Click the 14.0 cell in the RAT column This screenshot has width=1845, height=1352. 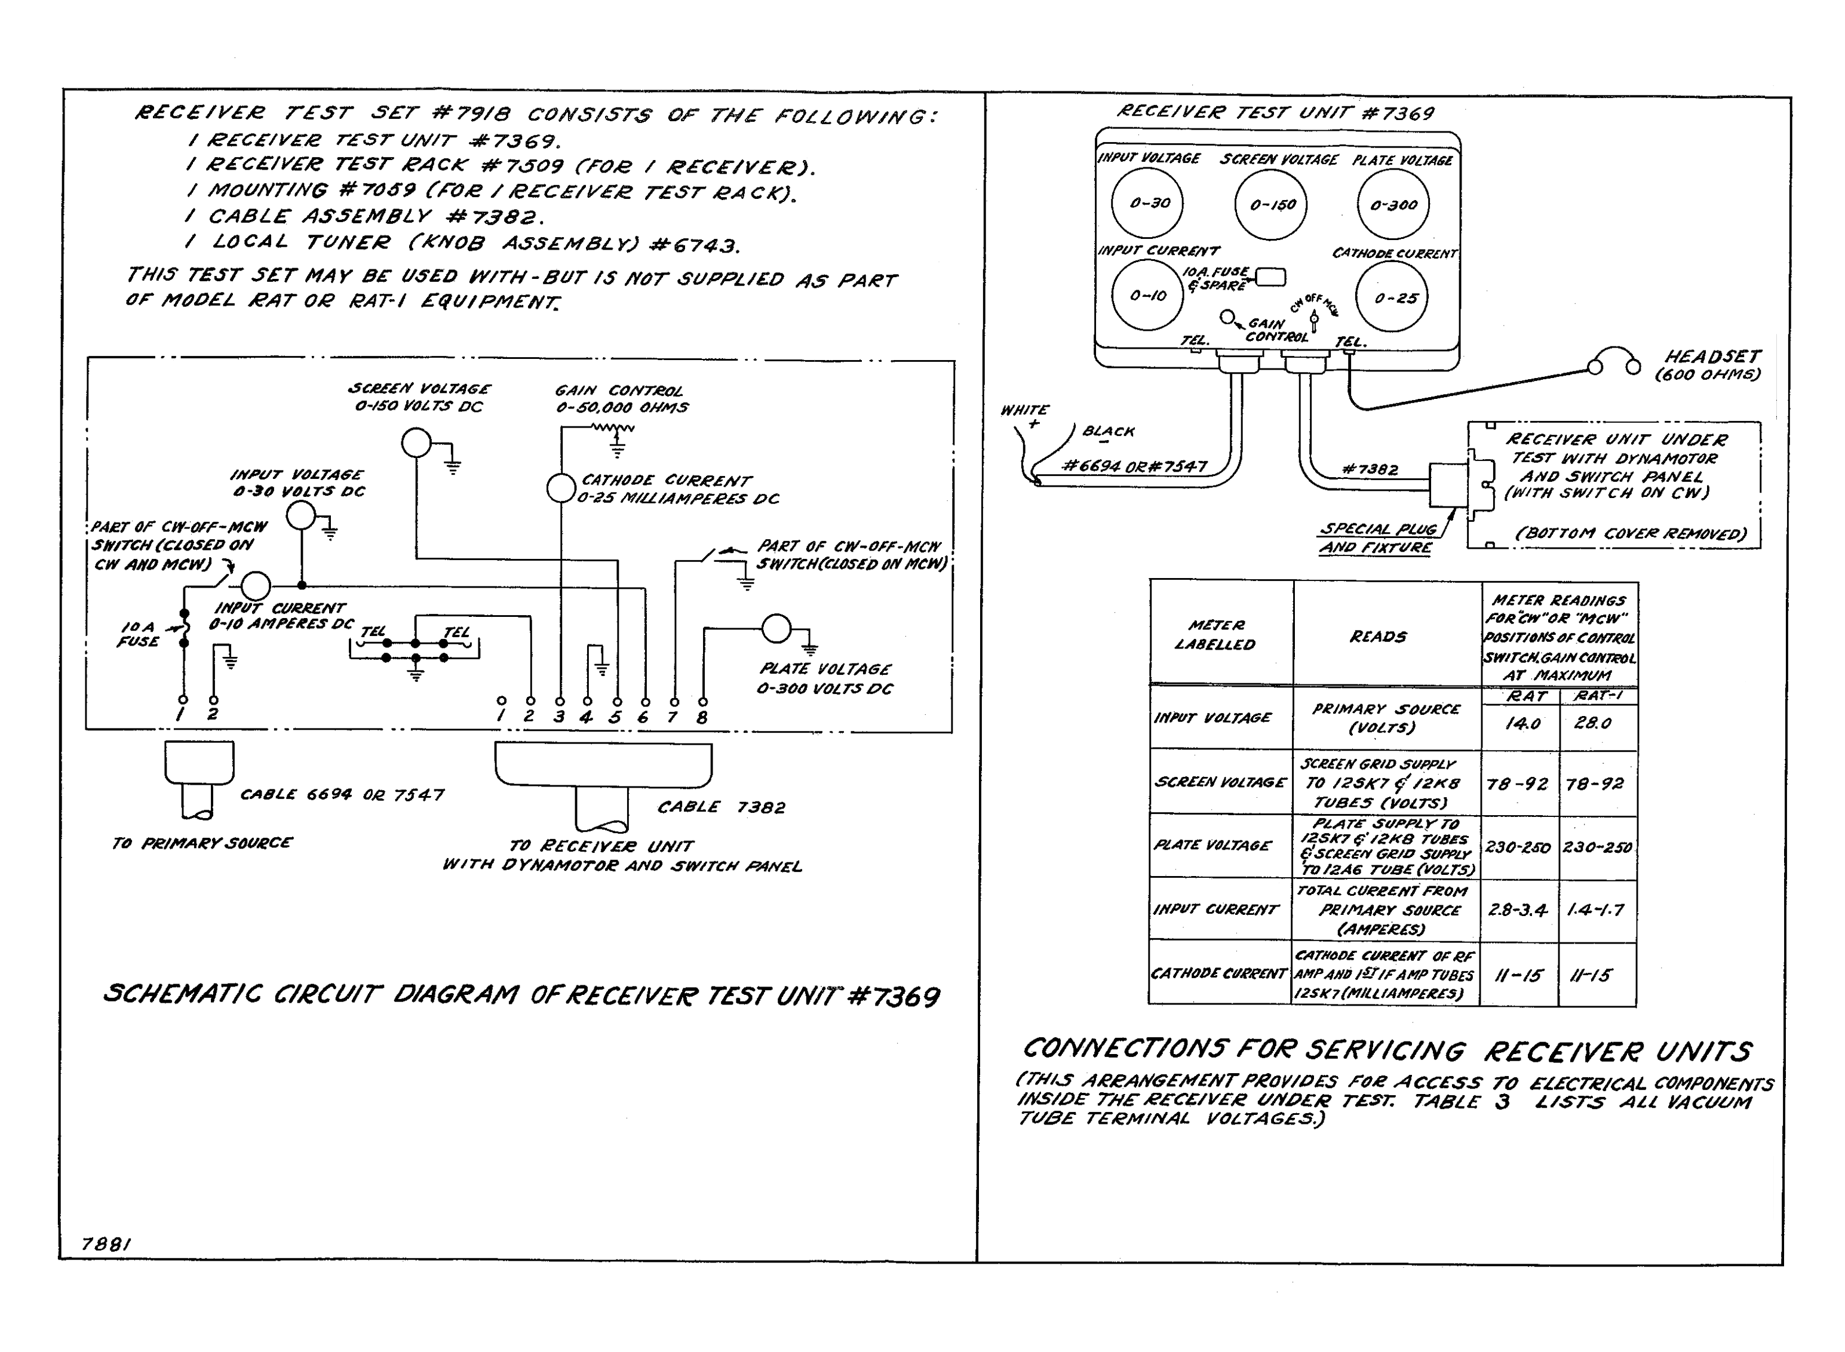pos(1522,723)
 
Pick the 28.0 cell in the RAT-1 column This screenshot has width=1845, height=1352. pos(1593,723)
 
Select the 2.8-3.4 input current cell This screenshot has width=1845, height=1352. pos(1518,910)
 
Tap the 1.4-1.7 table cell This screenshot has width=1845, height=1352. pos(1595,910)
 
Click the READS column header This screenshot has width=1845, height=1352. pos(1379,637)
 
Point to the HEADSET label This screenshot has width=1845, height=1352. pos(1712,357)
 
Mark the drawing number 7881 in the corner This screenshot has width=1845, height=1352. pos(106,1244)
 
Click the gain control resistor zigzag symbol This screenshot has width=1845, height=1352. pos(612,427)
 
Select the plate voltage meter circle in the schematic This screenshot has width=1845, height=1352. pos(776,629)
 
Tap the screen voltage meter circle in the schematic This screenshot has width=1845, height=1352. pos(416,444)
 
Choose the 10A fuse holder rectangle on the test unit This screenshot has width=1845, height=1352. pos(1270,278)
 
